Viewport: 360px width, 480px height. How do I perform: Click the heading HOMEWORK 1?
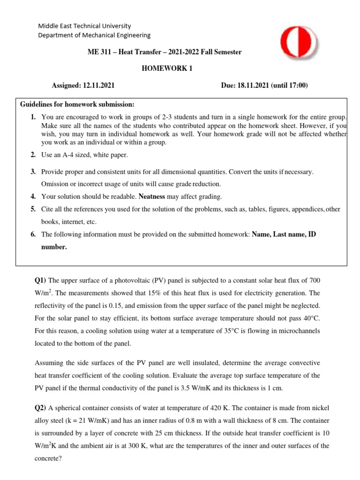coord(167,68)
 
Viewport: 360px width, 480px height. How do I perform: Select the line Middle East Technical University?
coord(84,26)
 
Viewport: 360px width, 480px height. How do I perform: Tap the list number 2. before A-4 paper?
coord(33,155)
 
